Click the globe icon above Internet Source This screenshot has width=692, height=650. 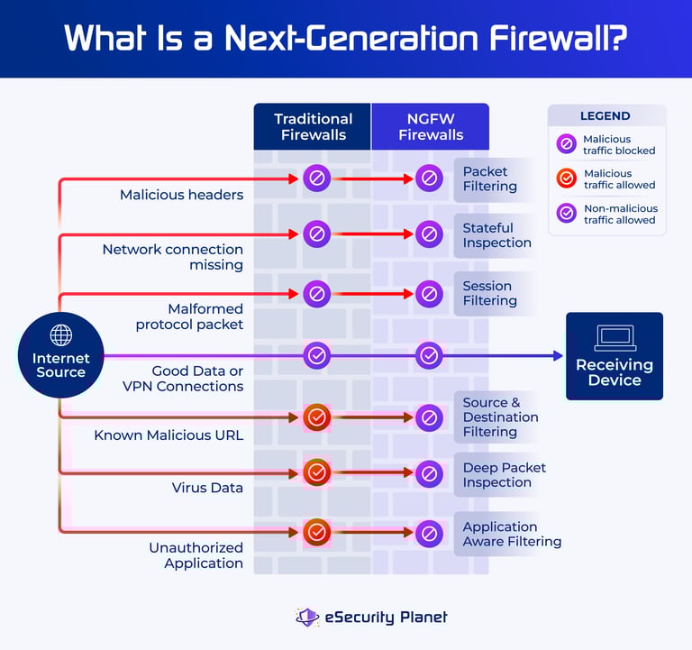tap(61, 335)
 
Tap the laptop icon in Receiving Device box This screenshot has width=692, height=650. tap(615, 338)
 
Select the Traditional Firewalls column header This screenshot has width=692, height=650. tap(313, 127)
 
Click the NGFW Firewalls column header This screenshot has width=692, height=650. tap(431, 127)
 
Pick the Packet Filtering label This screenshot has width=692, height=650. tap(489, 179)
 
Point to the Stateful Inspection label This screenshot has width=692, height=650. tap(496, 235)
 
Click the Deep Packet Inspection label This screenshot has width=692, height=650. tap(504, 475)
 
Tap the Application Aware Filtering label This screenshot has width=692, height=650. tap(511, 534)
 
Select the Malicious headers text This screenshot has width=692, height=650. tap(181, 195)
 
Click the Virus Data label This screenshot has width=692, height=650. tap(207, 488)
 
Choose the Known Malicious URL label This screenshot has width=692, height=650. tap(168, 435)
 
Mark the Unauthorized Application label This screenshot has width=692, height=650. tap(196, 555)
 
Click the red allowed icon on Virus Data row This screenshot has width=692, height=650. tap(316, 471)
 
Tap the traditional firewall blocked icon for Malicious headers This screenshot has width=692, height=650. tap(316, 179)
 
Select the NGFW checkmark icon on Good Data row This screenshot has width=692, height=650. tap(430, 356)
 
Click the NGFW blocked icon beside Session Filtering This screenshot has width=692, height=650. tap(430, 294)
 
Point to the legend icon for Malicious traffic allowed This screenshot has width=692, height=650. tap(567, 179)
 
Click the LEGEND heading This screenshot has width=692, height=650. tap(605, 116)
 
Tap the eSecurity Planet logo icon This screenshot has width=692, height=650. tap(307, 618)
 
